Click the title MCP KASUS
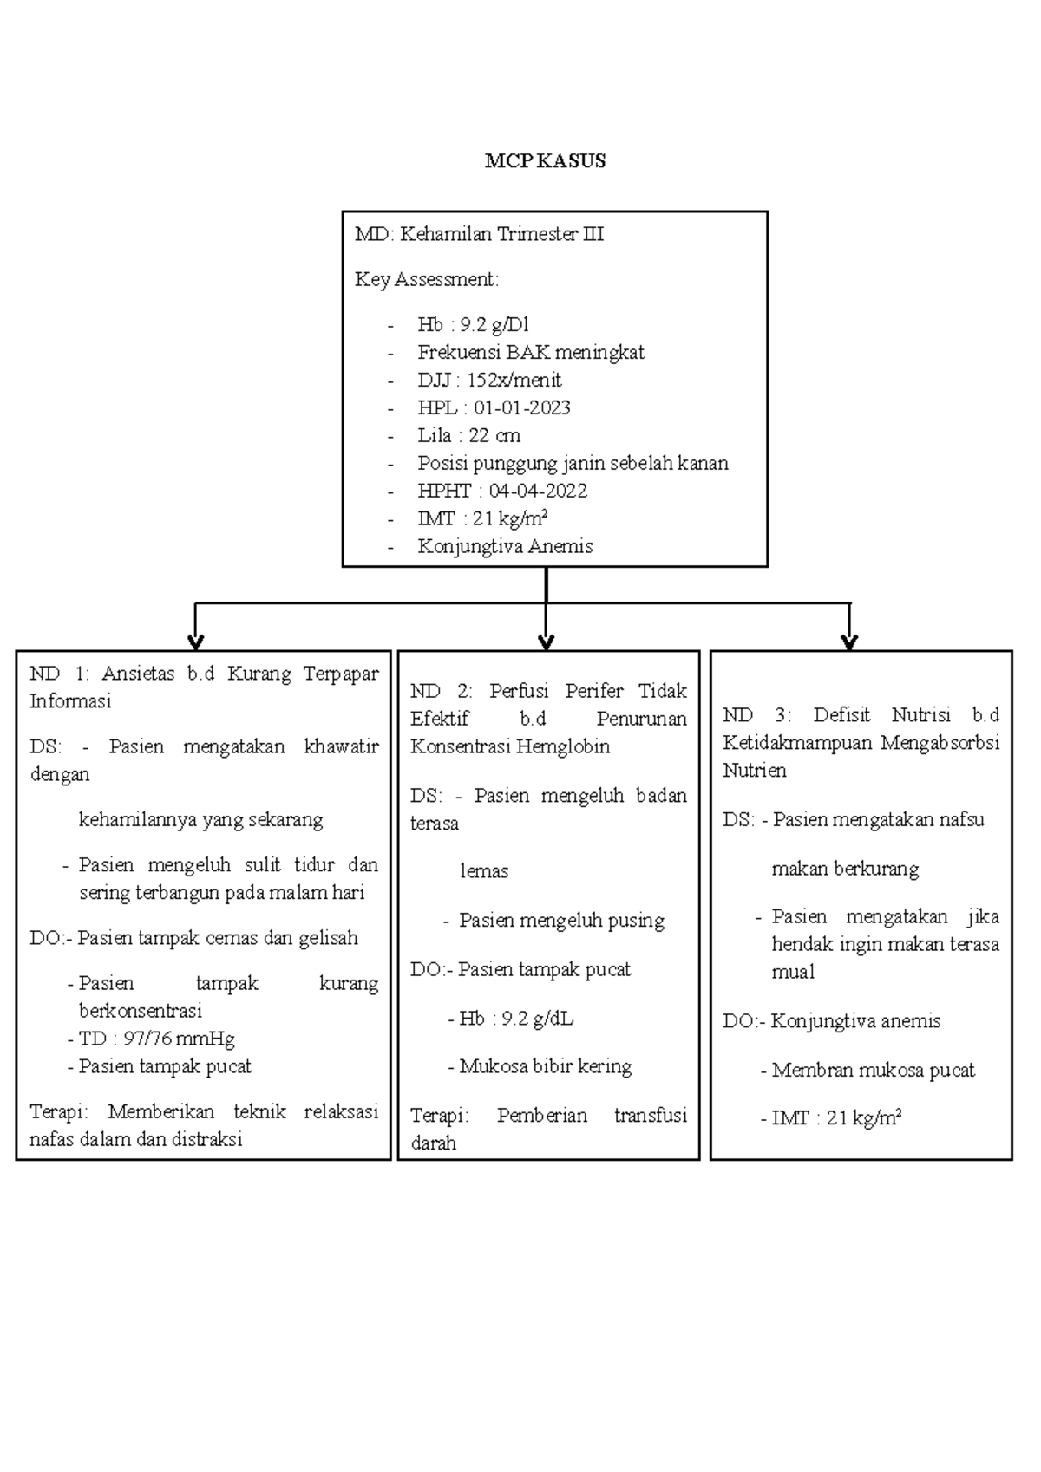[x=545, y=161]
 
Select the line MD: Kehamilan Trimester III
[x=479, y=234]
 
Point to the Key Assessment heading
[x=426, y=279]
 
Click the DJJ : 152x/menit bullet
[x=488, y=380]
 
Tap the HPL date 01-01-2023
[x=521, y=407]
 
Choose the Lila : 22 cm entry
[x=468, y=435]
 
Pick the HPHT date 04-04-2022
[x=538, y=491]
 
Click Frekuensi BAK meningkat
[x=530, y=352]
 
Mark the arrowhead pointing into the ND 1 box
[x=196, y=642]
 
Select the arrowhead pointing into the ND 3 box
[x=849, y=642]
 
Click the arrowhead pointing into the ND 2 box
[x=546, y=642]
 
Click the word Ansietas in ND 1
[x=138, y=674]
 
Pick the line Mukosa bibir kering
[x=545, y=1066]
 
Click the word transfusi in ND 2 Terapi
[x=650, y=1115]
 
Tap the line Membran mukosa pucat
[x=873, y=1071]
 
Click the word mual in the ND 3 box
[x=793, y=972]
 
